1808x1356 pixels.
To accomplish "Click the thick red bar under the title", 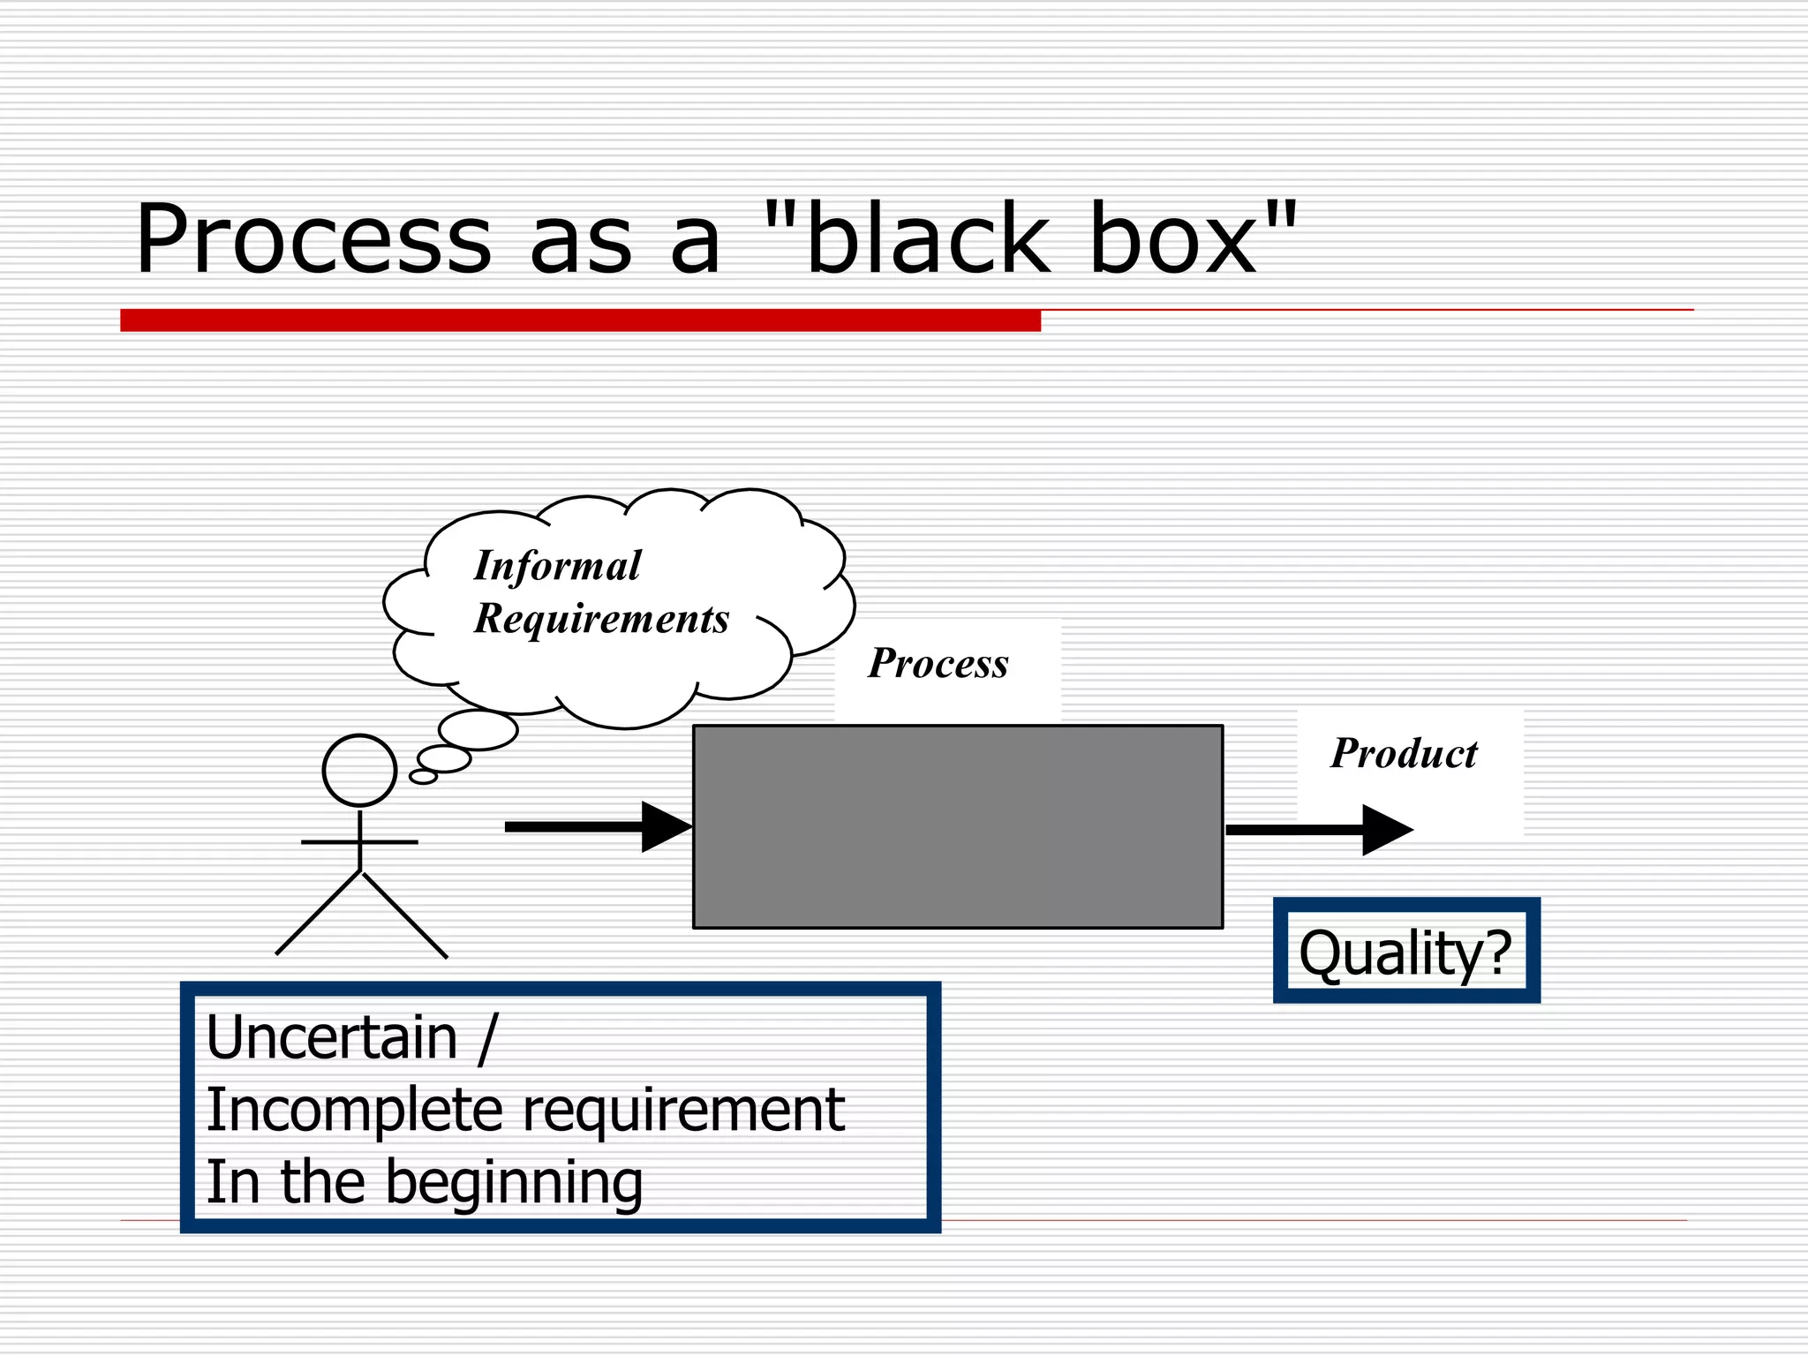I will click(x=580, y=320).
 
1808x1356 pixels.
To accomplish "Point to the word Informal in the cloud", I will click(x=557, y=566).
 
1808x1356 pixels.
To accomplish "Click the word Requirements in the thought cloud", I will click(x=601, y=619).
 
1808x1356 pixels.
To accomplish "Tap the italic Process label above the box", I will click(x=938, y=664).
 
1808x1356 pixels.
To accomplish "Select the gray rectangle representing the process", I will click(x=958, y=826).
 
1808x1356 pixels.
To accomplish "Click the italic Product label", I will click(x=1404, y=754).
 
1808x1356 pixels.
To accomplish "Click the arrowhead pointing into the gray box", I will click(x=665, y=827).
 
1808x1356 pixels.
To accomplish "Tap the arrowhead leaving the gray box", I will click(x=1386, y=830).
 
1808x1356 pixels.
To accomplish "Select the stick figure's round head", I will click(x=359, y=770).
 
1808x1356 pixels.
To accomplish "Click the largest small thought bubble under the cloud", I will click(x=478, y=730).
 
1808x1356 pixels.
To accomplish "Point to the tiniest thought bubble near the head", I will click(x=423, y=777).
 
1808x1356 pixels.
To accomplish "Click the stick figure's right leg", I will click(x=405, y=915).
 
